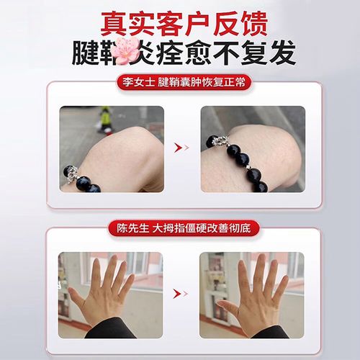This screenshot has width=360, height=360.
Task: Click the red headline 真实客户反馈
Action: point(180,22)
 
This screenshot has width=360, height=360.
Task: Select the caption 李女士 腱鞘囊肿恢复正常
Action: point(180,82)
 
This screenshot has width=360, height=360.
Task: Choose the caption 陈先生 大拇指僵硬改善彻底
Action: point(180,228)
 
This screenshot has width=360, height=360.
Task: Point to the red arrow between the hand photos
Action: point(181,294)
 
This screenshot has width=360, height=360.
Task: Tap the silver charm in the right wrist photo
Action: point(214,141)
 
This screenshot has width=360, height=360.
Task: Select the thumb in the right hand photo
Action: point(225,309)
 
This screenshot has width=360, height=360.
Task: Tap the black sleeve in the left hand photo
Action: point(108,331)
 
